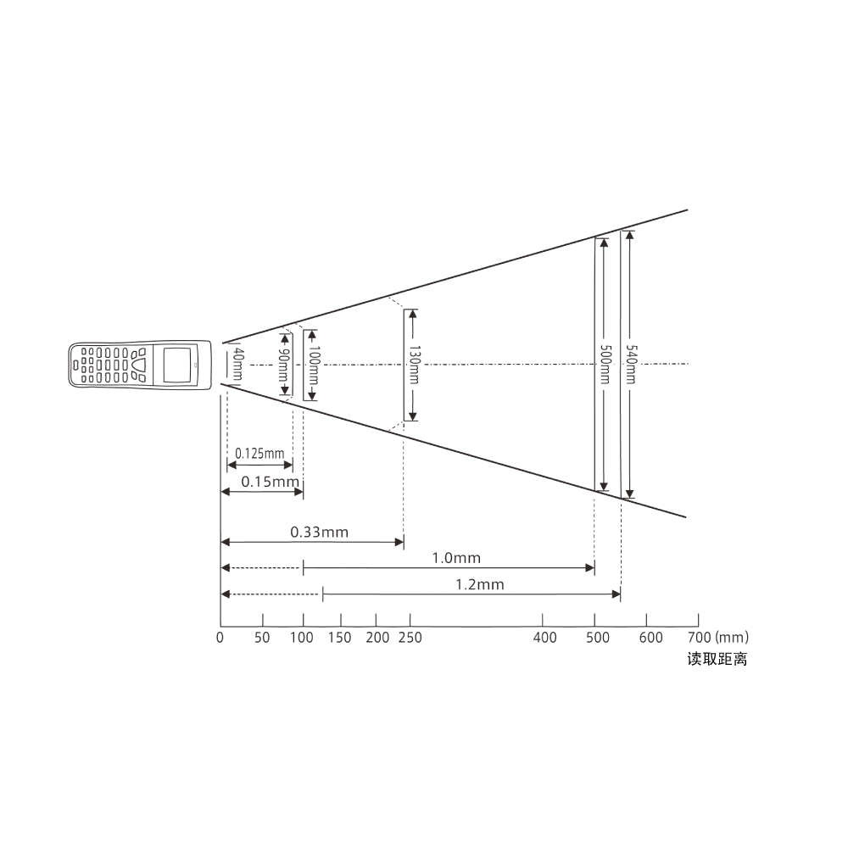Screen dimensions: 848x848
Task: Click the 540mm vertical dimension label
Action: pos(630,364)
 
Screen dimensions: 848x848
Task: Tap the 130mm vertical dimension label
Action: pos(413,364)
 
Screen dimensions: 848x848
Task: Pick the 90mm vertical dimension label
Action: pos(284,365)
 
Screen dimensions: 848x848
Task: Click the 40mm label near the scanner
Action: pos(237,365)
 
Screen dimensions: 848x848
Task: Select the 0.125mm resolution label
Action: pos(259,453)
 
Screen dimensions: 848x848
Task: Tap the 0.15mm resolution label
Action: pos(271,482)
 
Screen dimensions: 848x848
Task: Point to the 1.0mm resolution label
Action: pos(456,558)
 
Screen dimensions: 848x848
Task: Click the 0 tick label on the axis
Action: pos(220,638)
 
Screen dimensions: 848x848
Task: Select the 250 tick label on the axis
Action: pos(410,638)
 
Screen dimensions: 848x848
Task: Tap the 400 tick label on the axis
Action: pos(545,638)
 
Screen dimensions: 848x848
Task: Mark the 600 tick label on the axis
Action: pos(650,638)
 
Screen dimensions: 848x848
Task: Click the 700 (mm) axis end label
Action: pos(717,637)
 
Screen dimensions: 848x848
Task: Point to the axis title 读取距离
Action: pos(717,659)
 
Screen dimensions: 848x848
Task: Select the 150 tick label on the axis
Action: pos(339,638)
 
